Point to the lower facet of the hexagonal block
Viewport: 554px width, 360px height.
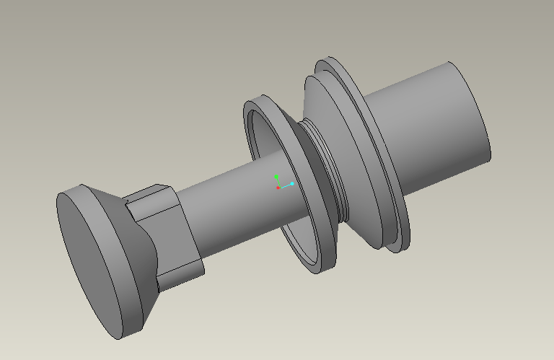[x=180, y=274]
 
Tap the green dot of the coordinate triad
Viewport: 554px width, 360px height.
[x=276, y=176]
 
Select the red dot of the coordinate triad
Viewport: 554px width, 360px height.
[x=278, y=188]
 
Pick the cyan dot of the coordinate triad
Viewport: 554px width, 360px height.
[x=292, y=184]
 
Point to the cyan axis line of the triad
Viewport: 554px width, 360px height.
[x=286, y=185]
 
